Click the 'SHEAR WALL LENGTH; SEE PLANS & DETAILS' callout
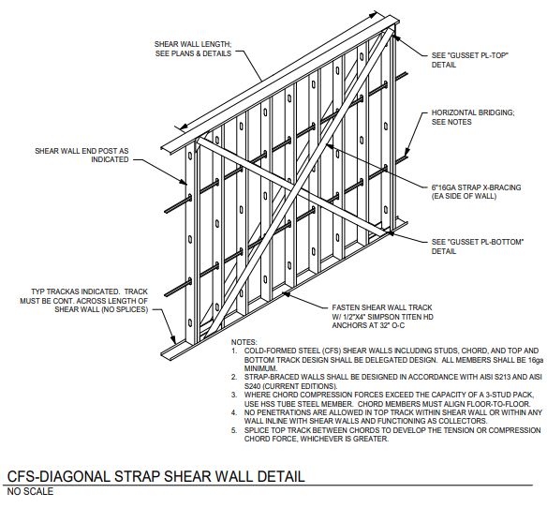[x=193, y=49]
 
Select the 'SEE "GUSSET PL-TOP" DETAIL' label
[x=470, y=60]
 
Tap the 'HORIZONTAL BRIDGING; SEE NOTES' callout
[x=473, y=117]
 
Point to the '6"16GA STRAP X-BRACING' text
[x=476, y=187]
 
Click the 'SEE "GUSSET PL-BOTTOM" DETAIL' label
[x=478, y=247]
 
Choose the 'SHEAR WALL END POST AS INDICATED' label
[x=81, y=156]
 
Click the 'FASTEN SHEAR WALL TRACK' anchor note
[x=382, y=307]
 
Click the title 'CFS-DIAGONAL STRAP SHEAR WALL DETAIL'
[x=155, y=476]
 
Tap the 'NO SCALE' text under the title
[x=30, y=491]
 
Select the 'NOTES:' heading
[x=244, y=342]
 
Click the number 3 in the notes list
[x=234, y=395]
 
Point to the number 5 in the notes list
[x=234, y=430]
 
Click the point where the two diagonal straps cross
[x=295, y=187]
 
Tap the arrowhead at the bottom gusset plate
[x=391, y=232]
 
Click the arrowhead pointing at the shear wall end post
[x=185, y=181]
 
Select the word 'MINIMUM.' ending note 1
[x=261, y=368]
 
